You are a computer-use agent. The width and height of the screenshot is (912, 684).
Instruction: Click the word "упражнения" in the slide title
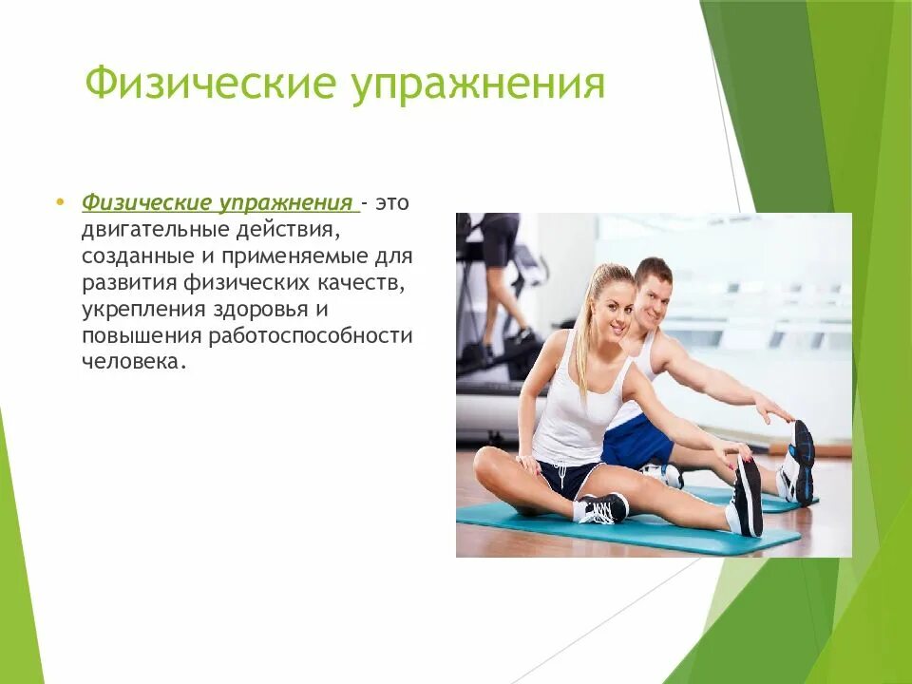tap(479, 84)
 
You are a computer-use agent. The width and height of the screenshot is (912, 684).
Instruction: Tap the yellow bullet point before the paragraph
tap(61, 202)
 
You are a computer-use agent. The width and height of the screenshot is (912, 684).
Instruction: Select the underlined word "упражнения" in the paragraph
tap(287, 203)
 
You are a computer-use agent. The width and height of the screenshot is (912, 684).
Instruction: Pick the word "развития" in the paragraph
tap(122, 283)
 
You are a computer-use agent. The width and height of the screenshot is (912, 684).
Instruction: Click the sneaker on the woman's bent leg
tap(601, 509)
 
